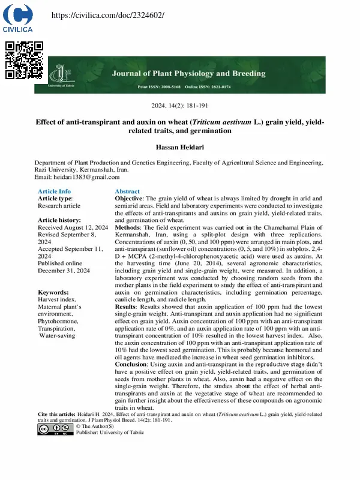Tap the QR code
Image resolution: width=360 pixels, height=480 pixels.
(24, 60)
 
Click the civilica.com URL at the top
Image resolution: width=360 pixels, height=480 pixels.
(100, 14)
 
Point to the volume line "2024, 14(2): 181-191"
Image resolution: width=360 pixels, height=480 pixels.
(179, 106)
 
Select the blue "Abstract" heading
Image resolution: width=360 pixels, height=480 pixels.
(127, 191)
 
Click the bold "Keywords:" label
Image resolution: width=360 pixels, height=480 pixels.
(57, 292)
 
